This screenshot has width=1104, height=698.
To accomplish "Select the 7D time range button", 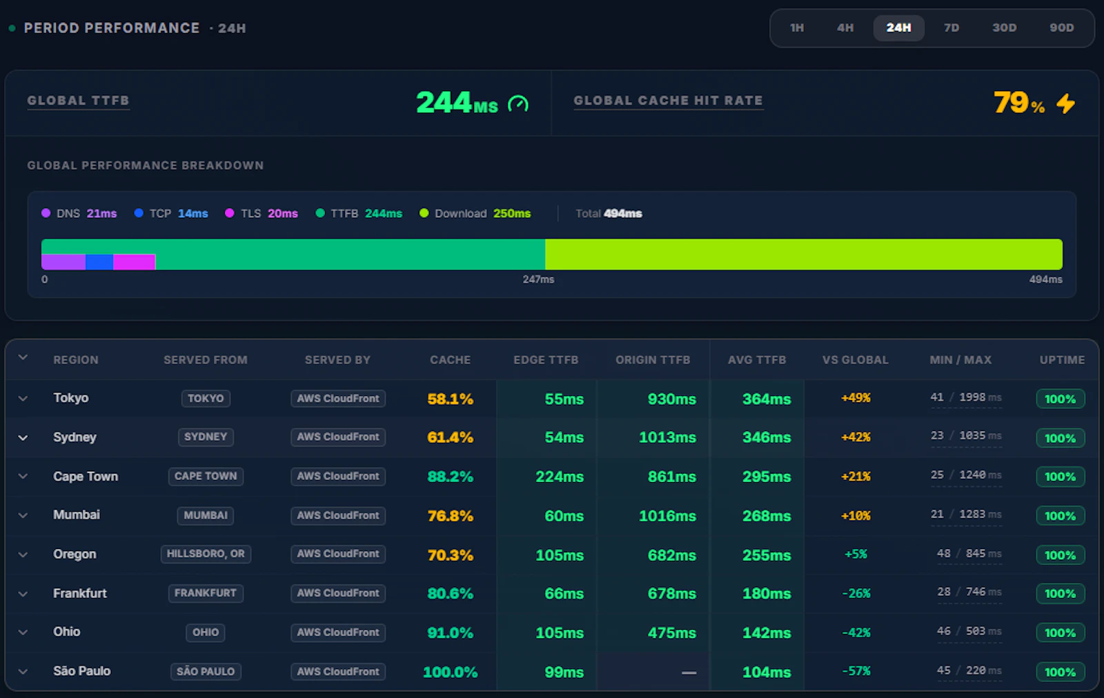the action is click(x=952, y=28).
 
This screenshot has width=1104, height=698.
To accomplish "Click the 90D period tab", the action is click(x=1061, y=28).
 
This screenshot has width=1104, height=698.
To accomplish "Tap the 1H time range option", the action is click(x=797, y=28).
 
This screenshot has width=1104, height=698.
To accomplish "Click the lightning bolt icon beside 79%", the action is click(x=1065, y=103).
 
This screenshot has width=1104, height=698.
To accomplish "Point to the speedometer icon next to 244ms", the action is click(x=518, y=104).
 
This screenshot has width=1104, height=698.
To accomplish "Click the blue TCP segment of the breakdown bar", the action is click(x=99, y=261).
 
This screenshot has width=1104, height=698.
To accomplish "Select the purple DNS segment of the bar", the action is click(x=63, y=261).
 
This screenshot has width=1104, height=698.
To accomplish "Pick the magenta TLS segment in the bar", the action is click(x=135, y=261).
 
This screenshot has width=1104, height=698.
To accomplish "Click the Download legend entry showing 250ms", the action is click(x=475, y=213).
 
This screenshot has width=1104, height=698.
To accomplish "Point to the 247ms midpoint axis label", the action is click(x=538, y=279).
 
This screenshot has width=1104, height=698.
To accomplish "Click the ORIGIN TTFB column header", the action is click(x=653, y=360).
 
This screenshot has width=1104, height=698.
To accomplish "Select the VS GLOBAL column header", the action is click(x=855, y=360).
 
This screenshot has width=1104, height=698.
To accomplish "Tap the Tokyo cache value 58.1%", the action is click(x=450, y=399).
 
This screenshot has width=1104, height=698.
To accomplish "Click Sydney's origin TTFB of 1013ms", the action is click(x=667, y=437).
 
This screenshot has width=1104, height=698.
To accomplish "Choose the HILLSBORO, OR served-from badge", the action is click(x=206, y=554).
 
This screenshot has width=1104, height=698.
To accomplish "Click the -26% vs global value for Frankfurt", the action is click(x=856, y=593).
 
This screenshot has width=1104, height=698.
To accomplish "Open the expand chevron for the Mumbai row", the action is click(x=23, y=515).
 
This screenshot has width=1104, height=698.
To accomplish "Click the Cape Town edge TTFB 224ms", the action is click(x=560, y=477).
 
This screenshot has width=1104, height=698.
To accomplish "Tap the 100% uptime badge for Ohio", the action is click(x=1060, y=632).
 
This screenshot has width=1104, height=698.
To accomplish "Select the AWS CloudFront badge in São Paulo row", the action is click(x=338, y=671).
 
